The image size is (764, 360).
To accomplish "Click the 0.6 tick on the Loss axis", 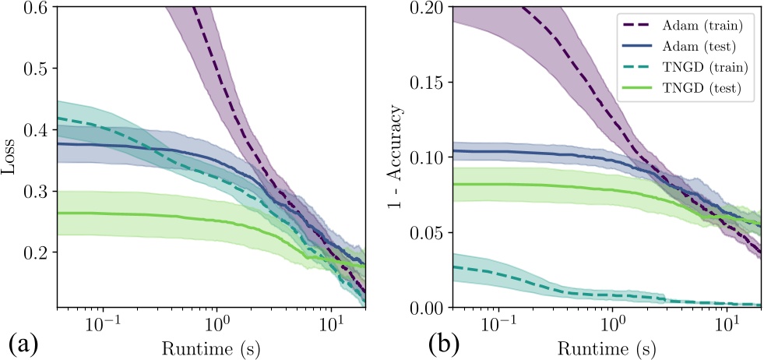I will pos(38,8).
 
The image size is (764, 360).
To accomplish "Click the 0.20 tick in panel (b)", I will pos(430,8).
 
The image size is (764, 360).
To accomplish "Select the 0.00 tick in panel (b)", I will pos(430,309).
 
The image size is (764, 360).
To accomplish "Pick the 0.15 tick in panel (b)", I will pos(430,83).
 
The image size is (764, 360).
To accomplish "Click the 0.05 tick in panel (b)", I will pos(430,234).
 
